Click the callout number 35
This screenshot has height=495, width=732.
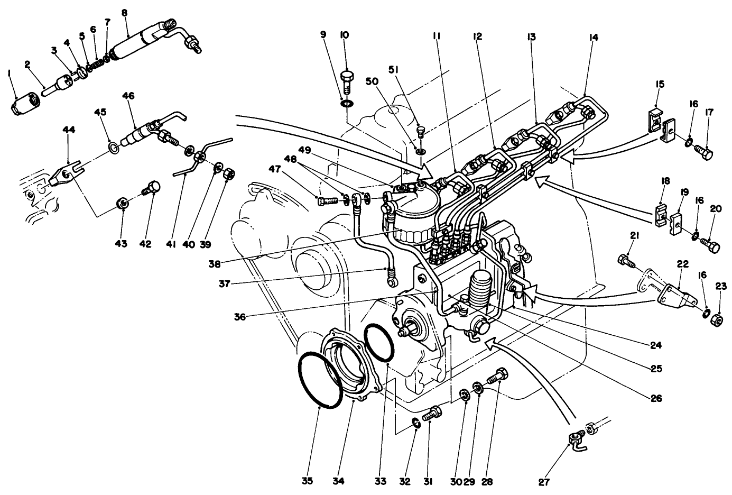point(308,481)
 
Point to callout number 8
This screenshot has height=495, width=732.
point(125,12)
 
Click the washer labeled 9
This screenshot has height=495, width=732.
point(347,103)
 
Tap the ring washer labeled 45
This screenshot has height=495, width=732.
point(113,146)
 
